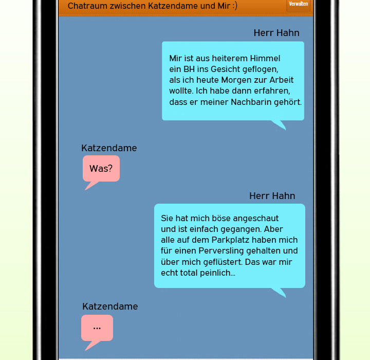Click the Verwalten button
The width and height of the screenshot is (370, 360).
click(x=298, y=5)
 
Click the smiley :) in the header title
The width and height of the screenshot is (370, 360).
click(x=235, y=6)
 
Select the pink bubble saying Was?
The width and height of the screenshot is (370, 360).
click(x=101, y=168)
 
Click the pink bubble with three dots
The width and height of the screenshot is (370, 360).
click(x=97, y=328)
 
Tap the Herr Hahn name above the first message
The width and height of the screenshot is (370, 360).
click(x=276, y=33)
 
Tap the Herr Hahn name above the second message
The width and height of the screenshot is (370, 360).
click(x=272, y=196)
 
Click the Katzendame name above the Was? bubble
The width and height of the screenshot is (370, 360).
click(x=109, y=148)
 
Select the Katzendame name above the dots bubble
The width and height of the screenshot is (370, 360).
click(x=110, y=307)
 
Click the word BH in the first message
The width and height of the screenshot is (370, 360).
click(x=189, y=69)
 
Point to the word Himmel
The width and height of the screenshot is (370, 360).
click(x=265, y=58)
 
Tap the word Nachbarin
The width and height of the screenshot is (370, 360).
click(x=251, y=102)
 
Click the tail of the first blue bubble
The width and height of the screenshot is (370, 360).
click(x=280, y=124)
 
